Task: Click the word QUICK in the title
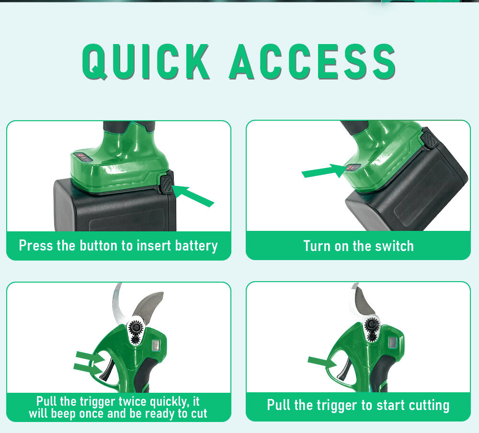146,61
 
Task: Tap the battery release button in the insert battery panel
167,183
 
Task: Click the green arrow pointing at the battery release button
193,195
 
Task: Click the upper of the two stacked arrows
91,357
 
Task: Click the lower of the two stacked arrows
88,368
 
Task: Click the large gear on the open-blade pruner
136,328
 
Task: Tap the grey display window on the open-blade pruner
156,346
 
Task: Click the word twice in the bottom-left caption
132,401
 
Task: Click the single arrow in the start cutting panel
322,362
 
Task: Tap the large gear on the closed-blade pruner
372,325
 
